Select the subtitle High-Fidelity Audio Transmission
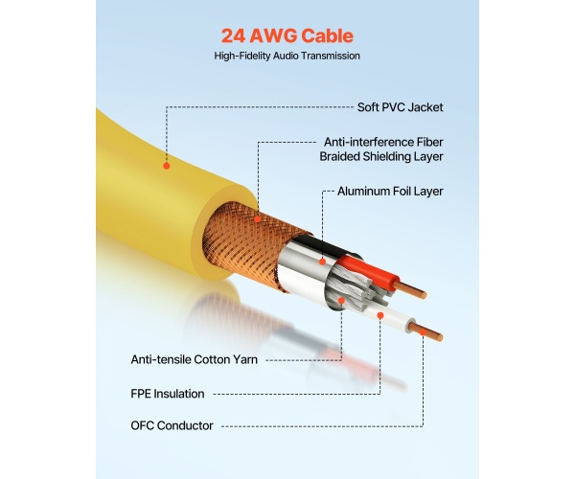coord(287,57)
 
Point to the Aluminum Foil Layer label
coord(390,191)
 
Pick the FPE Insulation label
coord(167,393)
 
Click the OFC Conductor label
coord(172,425)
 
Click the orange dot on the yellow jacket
coord(166,166)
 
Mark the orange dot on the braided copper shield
coord(258,218)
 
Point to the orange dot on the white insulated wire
coord(380,314)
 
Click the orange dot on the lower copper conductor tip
coord(423,331)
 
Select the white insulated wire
coord(393,320)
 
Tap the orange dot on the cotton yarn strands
coord(340,300)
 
